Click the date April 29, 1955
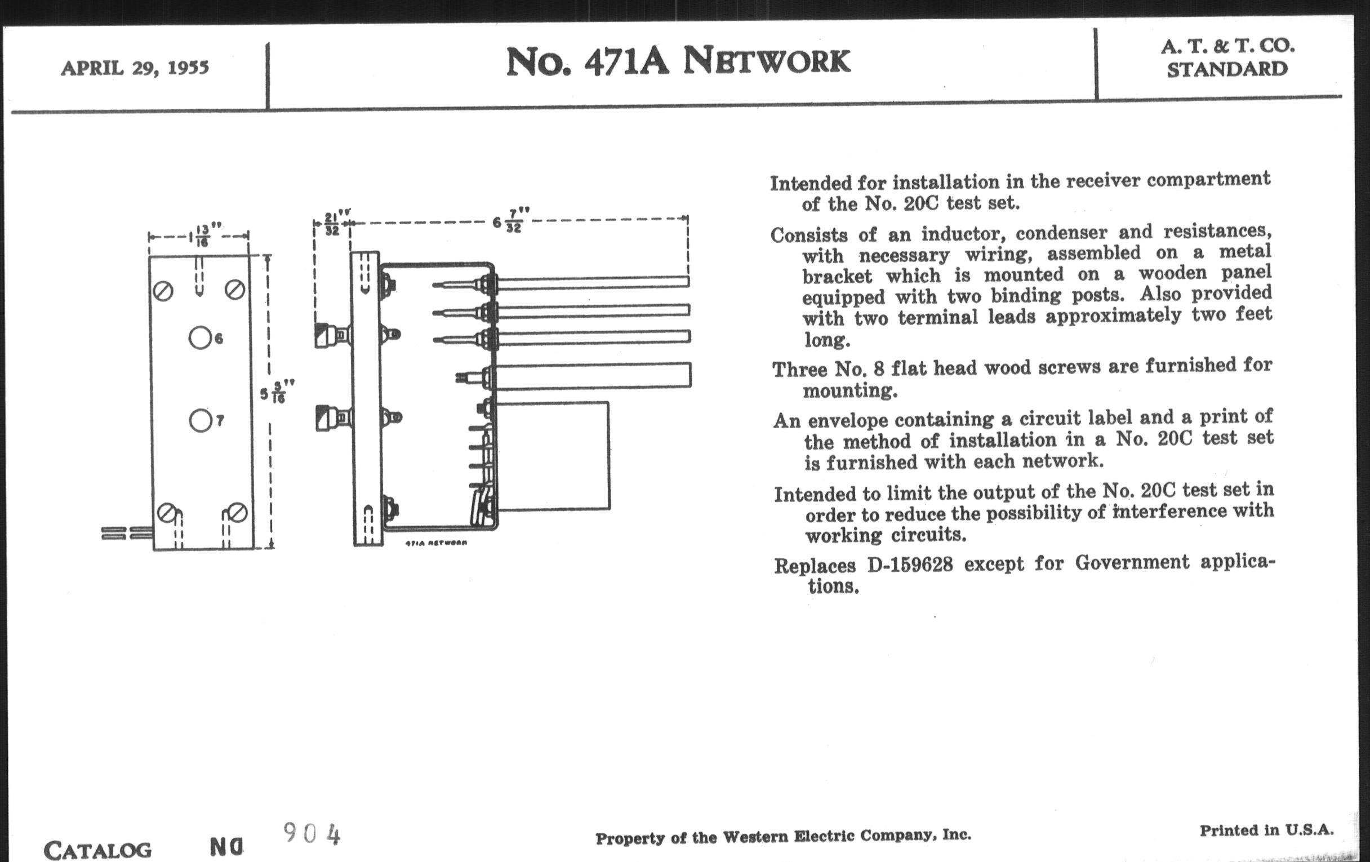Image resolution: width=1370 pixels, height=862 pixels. click(135, 68)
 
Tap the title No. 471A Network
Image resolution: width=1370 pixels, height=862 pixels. click(678, 61)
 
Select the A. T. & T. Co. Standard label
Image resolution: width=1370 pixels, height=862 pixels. click(1227, 57)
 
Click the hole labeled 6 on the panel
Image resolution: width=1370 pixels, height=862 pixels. click(199, 337)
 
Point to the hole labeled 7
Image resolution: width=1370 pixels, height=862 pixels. click(199, 421)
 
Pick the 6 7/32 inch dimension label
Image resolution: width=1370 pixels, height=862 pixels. click(508, 221)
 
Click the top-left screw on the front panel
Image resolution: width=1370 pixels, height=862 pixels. click(163, 291)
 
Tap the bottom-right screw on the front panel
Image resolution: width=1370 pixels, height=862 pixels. click(237, 513)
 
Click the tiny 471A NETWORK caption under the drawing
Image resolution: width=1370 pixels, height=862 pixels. click(437, 543)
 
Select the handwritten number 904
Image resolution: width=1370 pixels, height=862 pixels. click(312, 834)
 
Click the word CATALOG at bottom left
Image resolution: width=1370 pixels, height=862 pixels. click(98, 851)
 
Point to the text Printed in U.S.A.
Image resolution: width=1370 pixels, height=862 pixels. click(1266, 830)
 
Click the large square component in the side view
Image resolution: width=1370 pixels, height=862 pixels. click(552, 456)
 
